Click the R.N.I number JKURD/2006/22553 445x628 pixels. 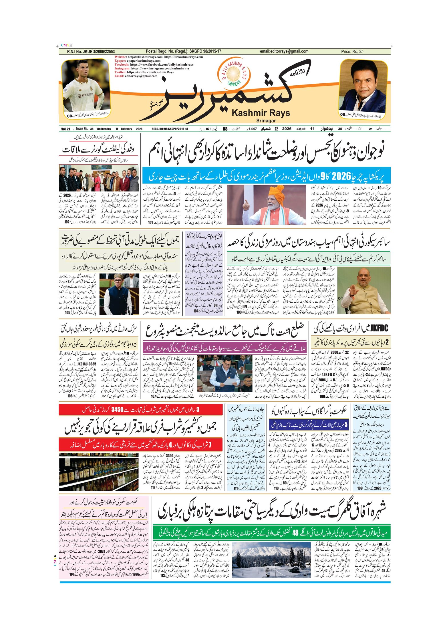(91, 52)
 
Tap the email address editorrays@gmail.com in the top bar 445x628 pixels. (284, 51)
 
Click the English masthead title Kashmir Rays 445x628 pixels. (261, 113)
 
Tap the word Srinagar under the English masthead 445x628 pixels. (266, 121)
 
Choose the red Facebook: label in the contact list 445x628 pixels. (122, 65)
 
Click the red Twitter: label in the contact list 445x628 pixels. (120, 72)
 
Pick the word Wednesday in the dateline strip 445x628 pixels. (104, 129)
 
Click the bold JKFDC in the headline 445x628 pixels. (379, 329)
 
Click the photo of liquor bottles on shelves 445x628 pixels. (99, 472)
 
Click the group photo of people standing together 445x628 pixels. (99, 178)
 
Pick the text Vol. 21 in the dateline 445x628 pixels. (65, 129)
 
